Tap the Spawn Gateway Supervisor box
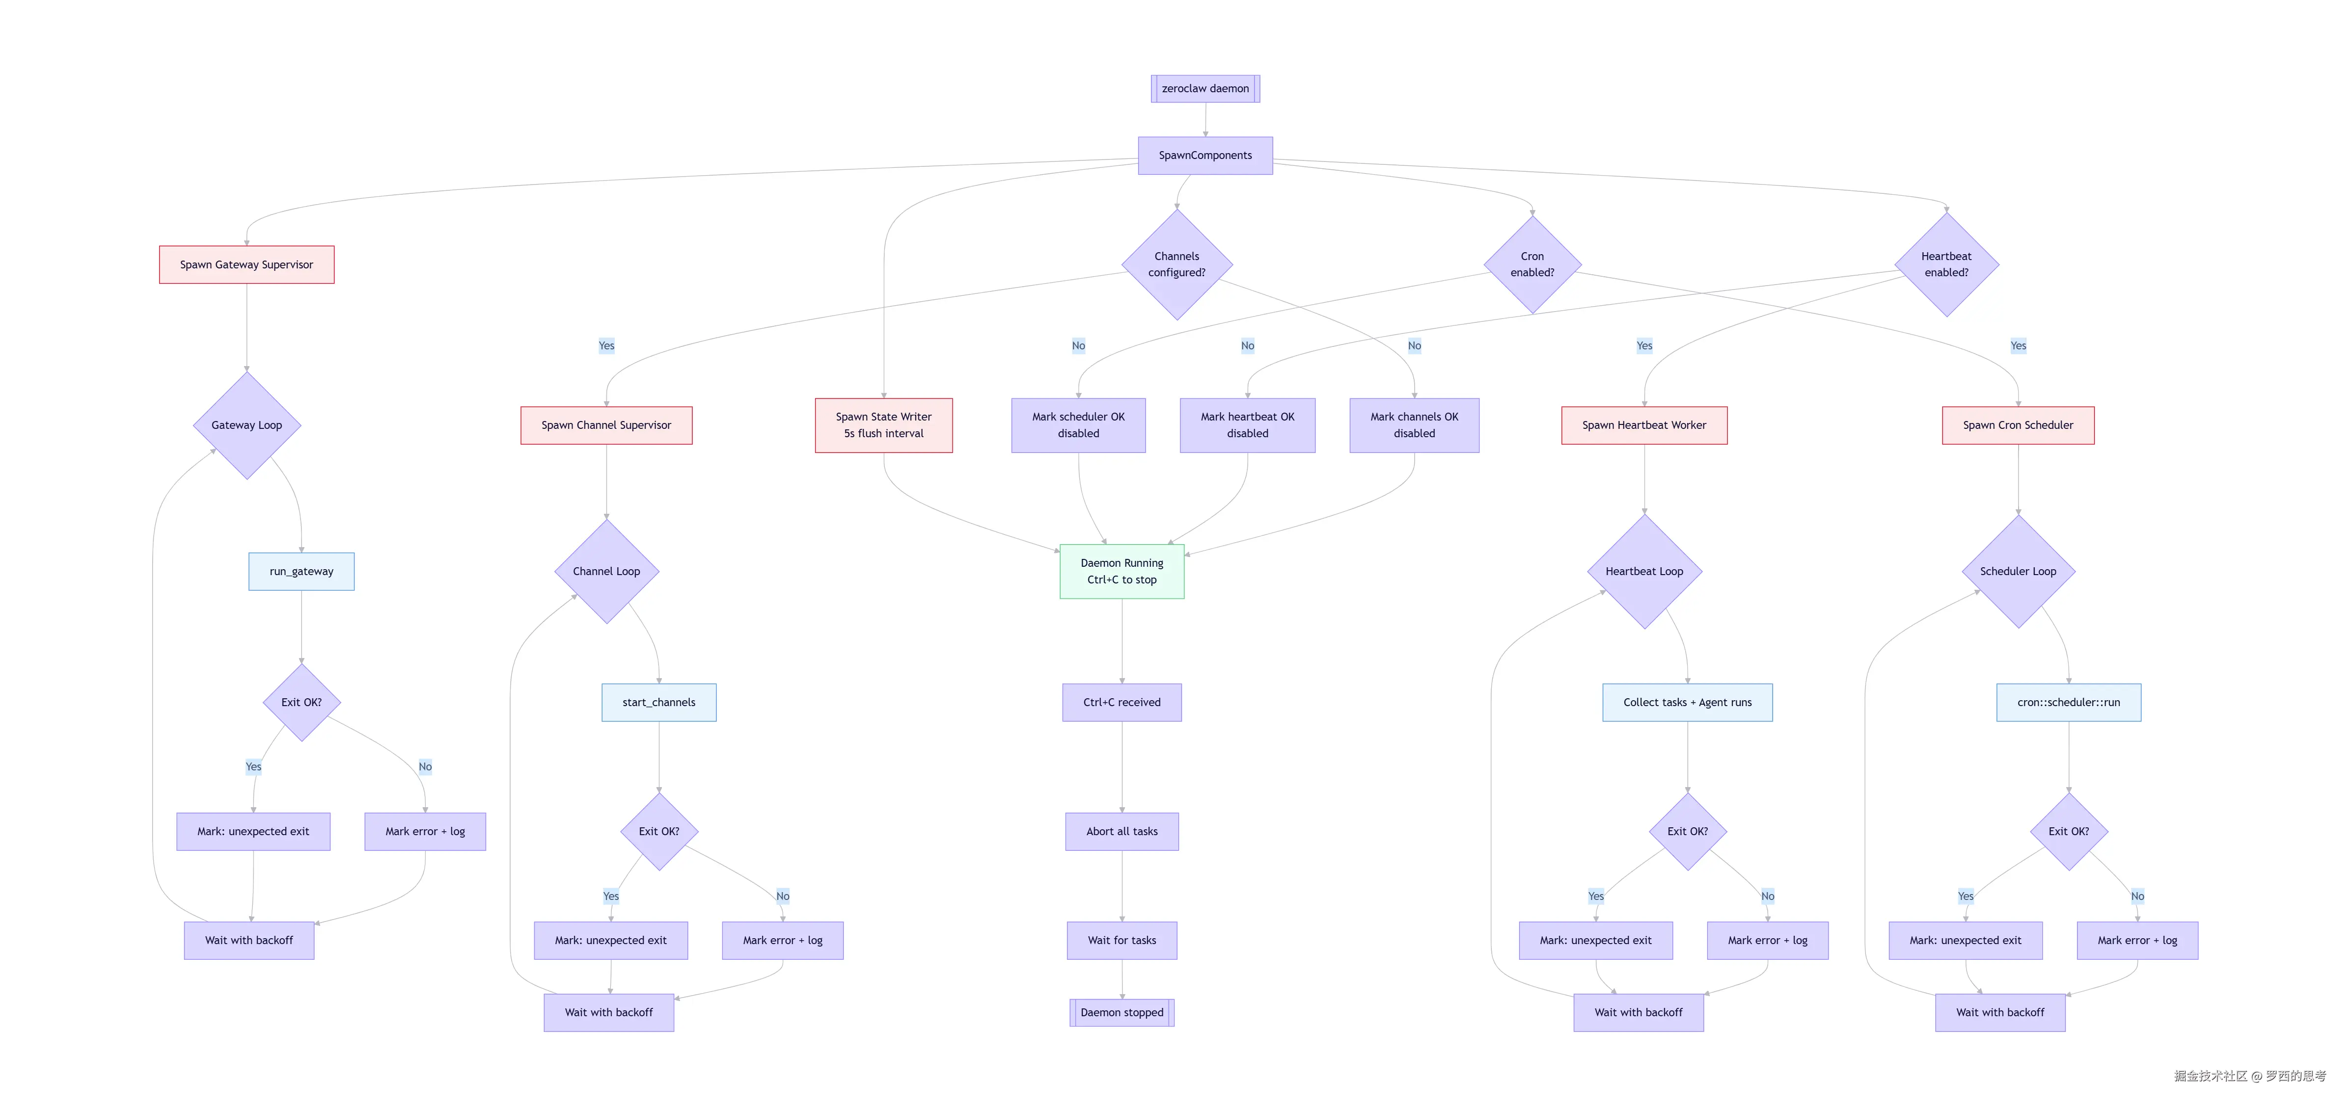tap(246, 264)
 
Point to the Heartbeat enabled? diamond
tap(1946, 264)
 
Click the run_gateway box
tap(301, 571)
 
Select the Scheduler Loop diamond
tap(2018, 571)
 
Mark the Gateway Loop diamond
tap(246, 425)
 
